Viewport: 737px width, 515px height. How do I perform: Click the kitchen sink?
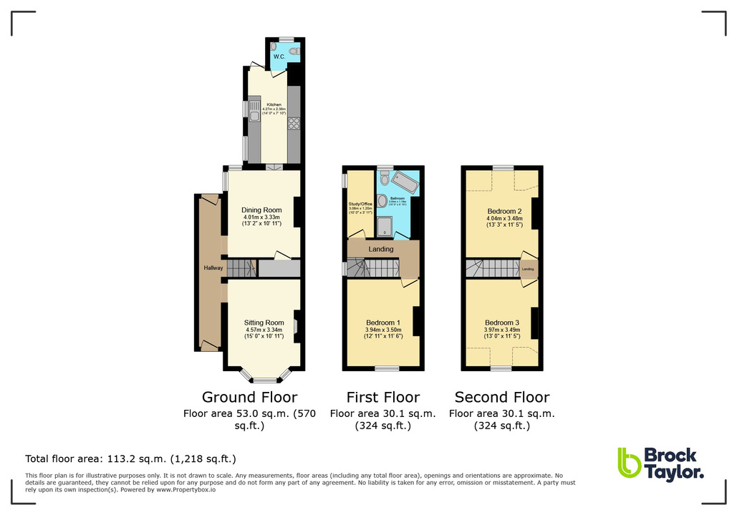(x=254, y=109)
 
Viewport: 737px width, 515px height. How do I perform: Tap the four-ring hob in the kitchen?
(x=293, y=124)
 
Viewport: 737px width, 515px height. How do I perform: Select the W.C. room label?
(x=279, y=57)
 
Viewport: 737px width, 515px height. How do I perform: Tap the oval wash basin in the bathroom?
(x=382, y=201)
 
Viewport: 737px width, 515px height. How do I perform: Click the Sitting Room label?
(x=264, y=323)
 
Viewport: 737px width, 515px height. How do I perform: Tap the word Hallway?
(x=213, y=268)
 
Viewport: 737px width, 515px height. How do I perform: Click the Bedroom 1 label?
(x=383, y=323)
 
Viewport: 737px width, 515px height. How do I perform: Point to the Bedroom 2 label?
(x=504, y=212)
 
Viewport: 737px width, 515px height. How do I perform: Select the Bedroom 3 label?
(x=502, y=323)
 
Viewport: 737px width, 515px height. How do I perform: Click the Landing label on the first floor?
(x=381, y=249)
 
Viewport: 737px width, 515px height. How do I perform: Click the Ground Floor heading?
(x=249, y=397)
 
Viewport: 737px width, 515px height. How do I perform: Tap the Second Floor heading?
(x=502, y=397)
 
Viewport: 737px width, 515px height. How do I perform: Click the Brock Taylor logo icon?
(x=629, y=463)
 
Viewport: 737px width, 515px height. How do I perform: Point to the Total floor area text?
(x=130, y=458)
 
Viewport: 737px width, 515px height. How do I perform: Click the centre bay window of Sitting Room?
(x=264, y=379)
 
